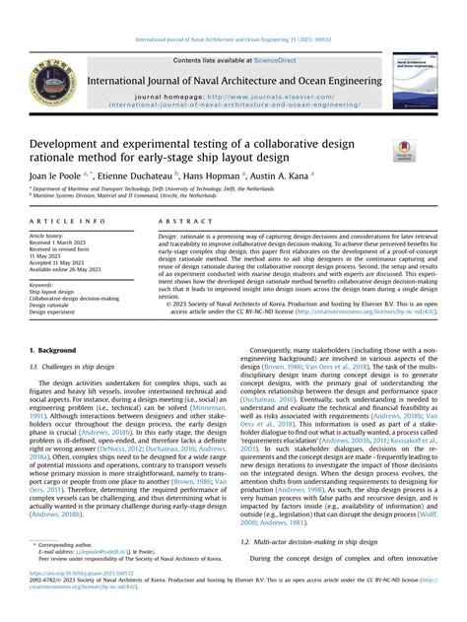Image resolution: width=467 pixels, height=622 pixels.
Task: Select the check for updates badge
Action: pos(403,153)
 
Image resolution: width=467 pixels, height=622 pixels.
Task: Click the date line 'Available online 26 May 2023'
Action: pos(72,268)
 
